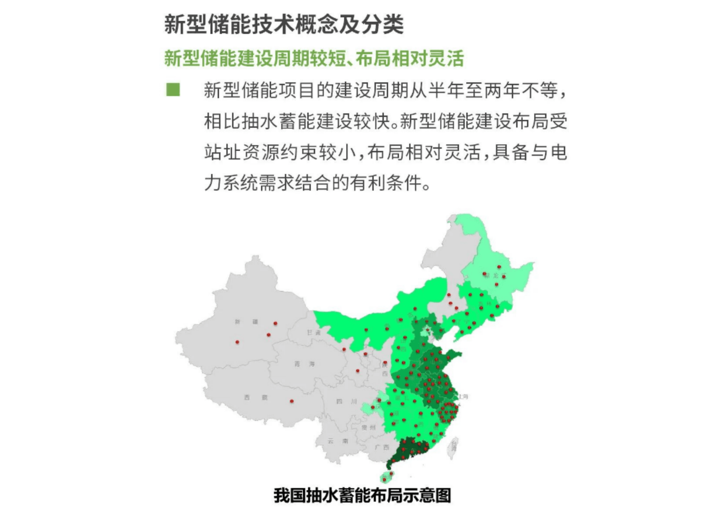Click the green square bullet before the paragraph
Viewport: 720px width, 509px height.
click(x=173, y=89)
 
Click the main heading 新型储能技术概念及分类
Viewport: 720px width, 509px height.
click(x=284, y=25)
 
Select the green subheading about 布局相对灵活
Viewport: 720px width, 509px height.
click(x=314, y=59)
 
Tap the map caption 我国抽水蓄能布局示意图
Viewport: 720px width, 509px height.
click(x=362, y=495)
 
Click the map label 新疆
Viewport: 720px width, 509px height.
click(x=246, y=321)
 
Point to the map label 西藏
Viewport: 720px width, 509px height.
click(x=255, y=397)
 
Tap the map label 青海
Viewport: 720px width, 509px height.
click(x=304, y=364)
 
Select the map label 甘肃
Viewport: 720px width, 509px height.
click(x=313, y=333)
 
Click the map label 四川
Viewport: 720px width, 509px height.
click(x=346, y=402)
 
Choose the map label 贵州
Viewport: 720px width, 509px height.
click(x=368, y=427)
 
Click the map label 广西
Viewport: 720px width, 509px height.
click(x=382, y=447)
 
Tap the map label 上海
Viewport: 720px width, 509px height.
click(x=463, y=397)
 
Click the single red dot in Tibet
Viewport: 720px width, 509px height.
click(x=292, y=401)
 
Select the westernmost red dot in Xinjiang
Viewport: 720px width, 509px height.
click(x=237, y=342)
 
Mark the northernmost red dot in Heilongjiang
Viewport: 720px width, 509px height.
click(x=499, y=267)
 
